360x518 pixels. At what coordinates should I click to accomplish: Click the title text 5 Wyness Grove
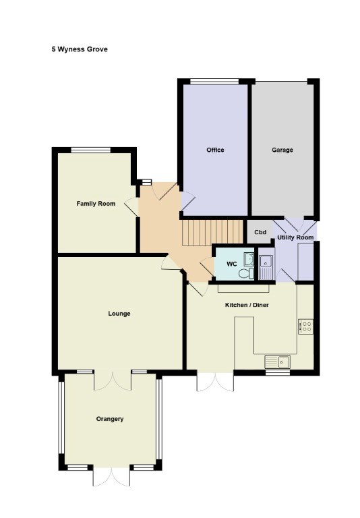coord(80,49)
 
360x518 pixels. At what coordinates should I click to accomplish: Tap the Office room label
coord(215,150)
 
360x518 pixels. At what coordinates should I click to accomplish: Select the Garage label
coord(282,150)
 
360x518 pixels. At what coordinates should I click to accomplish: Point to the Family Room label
coord(96,204)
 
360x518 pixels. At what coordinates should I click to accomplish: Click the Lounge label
coord(119,314)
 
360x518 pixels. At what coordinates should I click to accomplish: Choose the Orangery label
coord(110,419)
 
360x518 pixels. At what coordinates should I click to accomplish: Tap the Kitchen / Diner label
coord(247,305)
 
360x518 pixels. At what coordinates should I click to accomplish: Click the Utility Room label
coord(295,237)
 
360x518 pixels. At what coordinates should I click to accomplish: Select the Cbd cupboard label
coord(260,232)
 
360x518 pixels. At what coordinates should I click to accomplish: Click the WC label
coord(232,264)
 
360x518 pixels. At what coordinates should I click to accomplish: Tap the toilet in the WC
coord(246,274)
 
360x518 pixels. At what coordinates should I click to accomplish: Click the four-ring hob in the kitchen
coord(305,326)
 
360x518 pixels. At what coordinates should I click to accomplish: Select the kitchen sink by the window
coord(278,362)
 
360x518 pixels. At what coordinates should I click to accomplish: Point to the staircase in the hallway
coord(212,233)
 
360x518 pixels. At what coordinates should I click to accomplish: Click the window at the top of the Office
coord(214,81)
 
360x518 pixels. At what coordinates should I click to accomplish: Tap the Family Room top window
coord(91,150)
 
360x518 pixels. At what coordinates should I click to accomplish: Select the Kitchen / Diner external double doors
coord(215,382)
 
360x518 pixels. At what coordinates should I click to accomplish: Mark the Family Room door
coord(132,207)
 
